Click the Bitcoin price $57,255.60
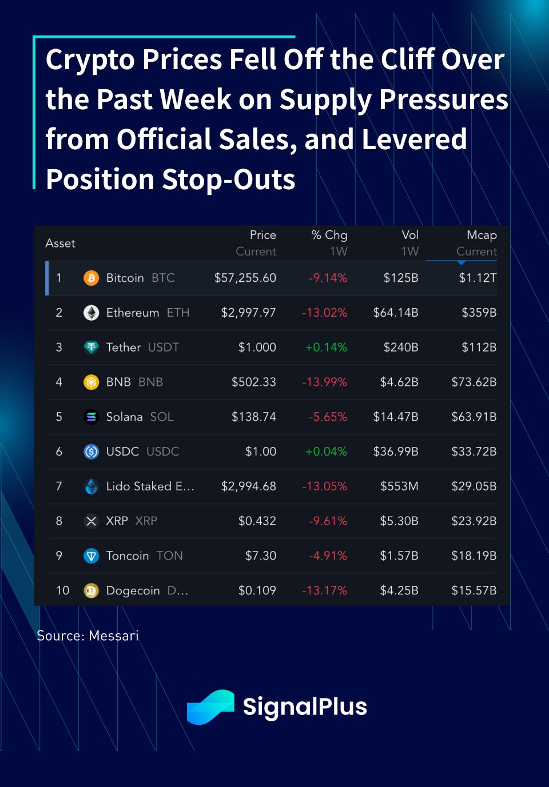coord(245,278)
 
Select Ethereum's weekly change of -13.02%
coord(324,313)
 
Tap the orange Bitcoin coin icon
coord(91,278)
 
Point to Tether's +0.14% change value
coord(326,347)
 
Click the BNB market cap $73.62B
coord(474,382)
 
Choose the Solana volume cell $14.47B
coord(396,417)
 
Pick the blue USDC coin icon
coord(91,452)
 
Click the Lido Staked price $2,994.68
coord(248,486)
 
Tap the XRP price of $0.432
coord(257,521)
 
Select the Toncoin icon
coord(91,556)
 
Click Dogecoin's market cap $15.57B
coord(474,590)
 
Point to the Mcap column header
coord(482,235)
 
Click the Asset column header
coord(60,243)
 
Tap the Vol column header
coord(410,235)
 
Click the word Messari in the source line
coord(114,636)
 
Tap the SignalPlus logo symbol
coord(210,707)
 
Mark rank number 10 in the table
coord(62,590)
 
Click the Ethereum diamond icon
coord(91,313)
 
